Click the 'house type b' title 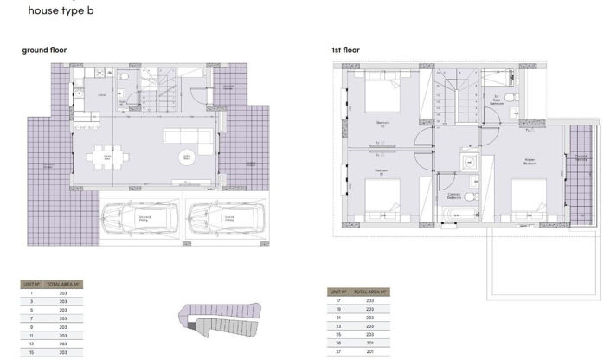tap(61, 11)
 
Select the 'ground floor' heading tap(44, 50)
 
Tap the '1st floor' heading tap(345, 50)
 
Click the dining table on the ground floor tap(108, 158)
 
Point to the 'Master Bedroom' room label tap(530, 161)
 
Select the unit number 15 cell tap(31, 352)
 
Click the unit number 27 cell tap(338, 352)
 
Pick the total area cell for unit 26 tap(369, 343)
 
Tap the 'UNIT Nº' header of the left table tap(31, 284)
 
